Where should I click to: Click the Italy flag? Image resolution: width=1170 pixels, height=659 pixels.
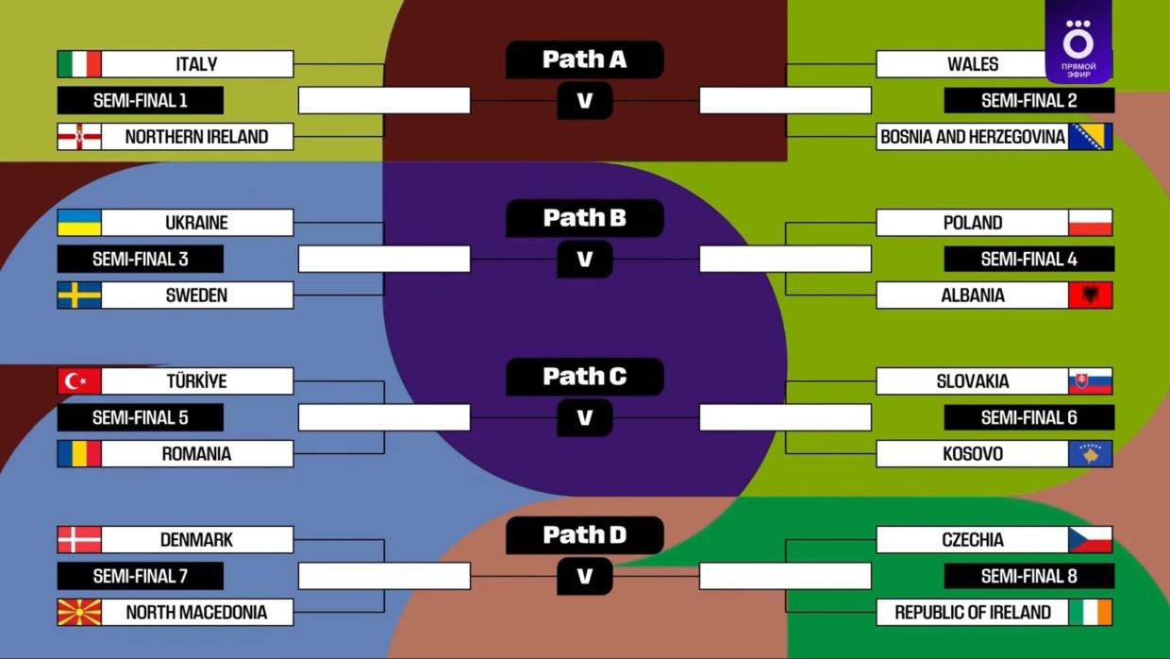(x=79, y=64)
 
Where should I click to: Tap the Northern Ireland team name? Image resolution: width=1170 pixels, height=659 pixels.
(x=196, y=137)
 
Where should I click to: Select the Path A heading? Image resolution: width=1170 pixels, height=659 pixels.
(x=584, y=59)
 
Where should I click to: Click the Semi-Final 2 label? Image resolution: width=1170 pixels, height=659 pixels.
(x=1028, y=100)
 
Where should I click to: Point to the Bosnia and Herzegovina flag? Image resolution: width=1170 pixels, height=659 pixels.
(x=1090, y=137)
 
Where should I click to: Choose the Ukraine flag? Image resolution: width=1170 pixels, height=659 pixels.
(x=79, y=223)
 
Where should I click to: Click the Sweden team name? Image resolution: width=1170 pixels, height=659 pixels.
(x=196, y=296)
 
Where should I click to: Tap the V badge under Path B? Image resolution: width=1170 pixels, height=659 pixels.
(x=584, y=259)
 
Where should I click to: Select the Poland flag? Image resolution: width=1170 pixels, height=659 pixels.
(x=1090, y=223)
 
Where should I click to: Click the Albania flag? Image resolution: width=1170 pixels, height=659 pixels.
(x=1090, y=296)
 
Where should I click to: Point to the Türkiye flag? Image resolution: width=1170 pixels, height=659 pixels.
(x=79, y=381)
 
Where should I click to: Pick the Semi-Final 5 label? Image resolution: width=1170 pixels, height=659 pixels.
(x=140, y=417)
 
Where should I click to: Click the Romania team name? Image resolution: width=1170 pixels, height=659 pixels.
(x=196, y=454)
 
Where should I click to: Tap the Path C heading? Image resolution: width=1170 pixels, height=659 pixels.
(x=584, y=377)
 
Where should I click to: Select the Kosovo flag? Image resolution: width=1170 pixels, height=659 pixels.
(x=1090, y=454)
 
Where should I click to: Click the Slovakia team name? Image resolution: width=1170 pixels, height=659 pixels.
(x=972, y=381)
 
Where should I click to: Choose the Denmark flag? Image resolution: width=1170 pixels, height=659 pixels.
(x=79, y=540)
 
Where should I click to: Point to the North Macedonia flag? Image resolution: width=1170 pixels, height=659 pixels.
(x=79, y=613)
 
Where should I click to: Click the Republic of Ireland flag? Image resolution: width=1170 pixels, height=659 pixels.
(x=1090, y=613)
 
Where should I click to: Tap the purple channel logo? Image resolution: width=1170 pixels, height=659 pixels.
(x=1078, y=42)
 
